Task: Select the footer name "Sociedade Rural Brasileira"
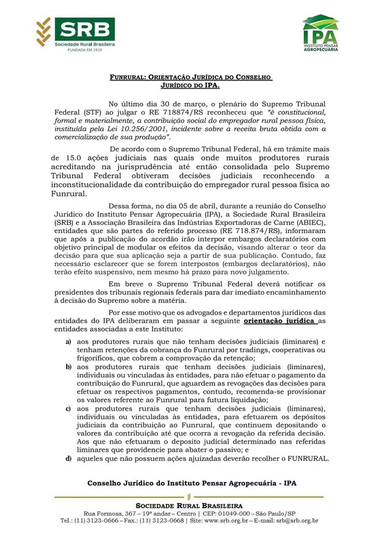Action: coord(190,505)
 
